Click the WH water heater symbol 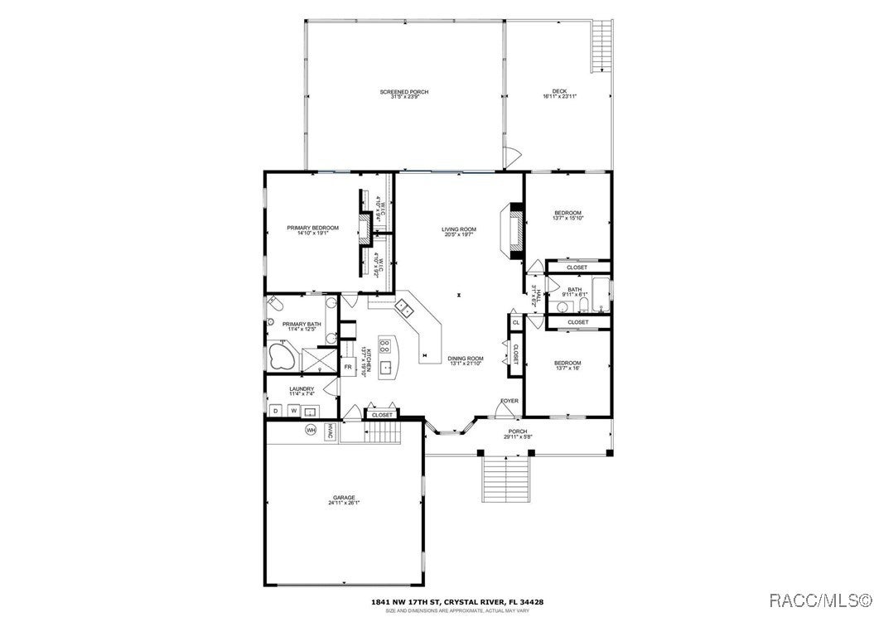(311, 430)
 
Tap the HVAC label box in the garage (329, 431)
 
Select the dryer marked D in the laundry (276, 411)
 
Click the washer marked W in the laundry (293, 411)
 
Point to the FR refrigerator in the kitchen (348, 366)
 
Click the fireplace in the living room (514, 228)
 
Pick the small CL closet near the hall (515, 322)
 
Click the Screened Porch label (404, 92)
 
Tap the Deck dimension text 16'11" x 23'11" (559, 97)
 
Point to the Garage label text (344, 498)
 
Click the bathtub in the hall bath (605, 296)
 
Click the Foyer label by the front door (509, 401)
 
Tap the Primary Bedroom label (313, 228)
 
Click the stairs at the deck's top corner (602, 46)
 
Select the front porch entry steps (505, 479)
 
